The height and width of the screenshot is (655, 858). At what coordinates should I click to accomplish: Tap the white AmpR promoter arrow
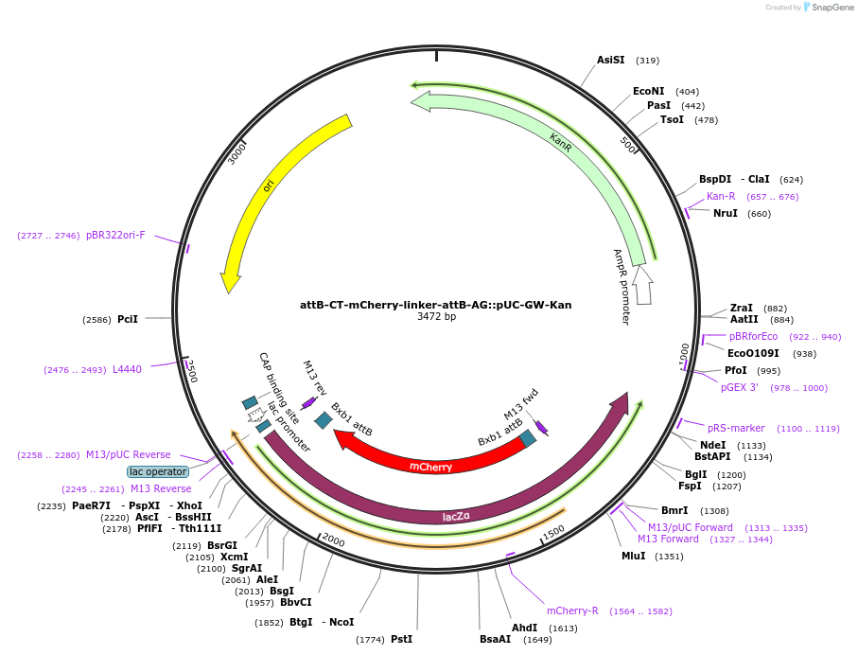[642, 285]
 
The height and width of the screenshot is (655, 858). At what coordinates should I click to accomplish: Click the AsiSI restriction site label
[611, 60]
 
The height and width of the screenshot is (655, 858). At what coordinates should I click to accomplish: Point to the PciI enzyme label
[128, 319]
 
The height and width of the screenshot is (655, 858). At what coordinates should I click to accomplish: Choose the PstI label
[402, 639]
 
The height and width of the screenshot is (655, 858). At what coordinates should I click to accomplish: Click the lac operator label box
[158, 471]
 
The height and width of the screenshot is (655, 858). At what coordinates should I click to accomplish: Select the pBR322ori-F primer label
[115, 235]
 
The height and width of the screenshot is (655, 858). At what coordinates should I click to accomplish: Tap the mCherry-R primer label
[572, 611]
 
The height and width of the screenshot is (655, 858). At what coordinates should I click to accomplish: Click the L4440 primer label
[127, 370]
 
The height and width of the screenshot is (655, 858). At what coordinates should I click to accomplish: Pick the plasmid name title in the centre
[435, 305]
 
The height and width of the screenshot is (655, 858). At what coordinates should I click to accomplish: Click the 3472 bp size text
[436, 316]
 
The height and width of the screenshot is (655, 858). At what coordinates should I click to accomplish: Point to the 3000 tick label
[236, 153]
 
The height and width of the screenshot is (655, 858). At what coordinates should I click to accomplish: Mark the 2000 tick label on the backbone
[333, 540]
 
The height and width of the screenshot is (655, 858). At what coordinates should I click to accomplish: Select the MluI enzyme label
[634, 556]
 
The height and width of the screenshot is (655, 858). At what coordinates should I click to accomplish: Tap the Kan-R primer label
[721, 196]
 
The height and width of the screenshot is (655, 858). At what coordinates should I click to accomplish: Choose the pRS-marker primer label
[736, 428]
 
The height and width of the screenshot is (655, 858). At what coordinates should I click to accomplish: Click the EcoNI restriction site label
[648, 91]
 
